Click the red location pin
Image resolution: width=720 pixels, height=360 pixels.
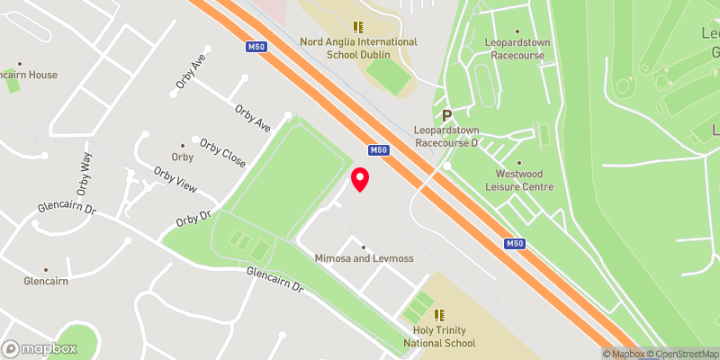(360, 179)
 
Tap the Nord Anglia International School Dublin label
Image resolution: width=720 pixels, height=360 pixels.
(358, 49)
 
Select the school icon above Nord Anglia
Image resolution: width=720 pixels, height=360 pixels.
(358, 28)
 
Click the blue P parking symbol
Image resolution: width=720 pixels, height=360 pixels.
(446, 115)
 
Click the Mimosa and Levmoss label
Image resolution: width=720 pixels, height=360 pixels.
(364, 258)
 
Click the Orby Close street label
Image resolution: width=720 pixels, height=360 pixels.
(222, 153)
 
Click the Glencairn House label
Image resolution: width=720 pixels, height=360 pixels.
(29, 75)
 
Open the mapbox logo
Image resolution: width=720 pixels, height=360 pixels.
(40, 348)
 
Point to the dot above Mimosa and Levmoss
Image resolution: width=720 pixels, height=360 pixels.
(364, 247)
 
